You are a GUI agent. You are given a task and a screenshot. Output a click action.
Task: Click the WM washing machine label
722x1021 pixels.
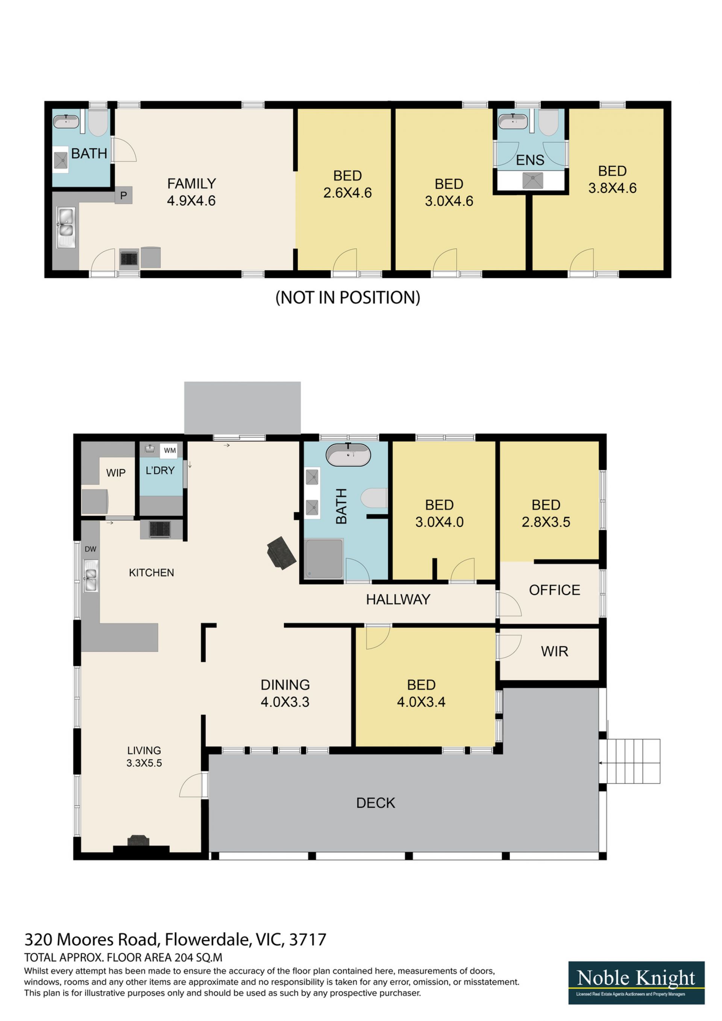(x=170, y=450)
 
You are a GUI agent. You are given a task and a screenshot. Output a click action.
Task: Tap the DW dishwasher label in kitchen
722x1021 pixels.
(x=90, y=549)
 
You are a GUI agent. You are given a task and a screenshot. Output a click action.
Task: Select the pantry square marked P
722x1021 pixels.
(x=124, y=195)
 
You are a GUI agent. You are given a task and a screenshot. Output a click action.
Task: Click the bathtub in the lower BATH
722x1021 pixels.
(x=348, y=454)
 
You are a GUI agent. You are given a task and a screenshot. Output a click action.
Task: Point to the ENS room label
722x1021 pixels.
(x=530, y=160)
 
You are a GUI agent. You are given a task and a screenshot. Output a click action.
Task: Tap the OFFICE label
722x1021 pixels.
(x=554, y=590)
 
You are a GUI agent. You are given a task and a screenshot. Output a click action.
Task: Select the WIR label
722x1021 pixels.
(x=554, y=652)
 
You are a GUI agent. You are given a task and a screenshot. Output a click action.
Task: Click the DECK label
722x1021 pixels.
(x=376, y=803)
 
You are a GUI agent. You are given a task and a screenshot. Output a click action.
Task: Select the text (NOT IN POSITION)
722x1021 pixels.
(x=348, y=298)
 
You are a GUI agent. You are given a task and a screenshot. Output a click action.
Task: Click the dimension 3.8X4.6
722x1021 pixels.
(x=612, y=188)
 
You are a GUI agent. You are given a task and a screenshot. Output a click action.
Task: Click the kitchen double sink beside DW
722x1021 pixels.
(x=91, y=576)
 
